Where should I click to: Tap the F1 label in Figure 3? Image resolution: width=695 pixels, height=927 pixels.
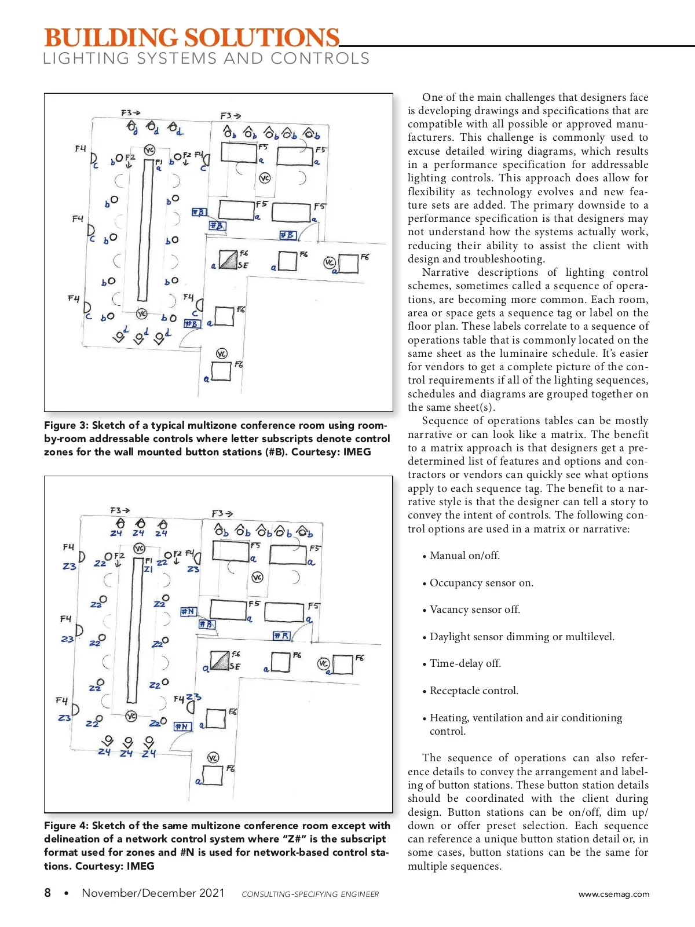pos(159,162)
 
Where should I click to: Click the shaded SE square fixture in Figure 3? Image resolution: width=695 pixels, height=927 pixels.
pos(228,259)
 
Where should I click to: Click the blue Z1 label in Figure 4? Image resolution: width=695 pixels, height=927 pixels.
pos(148,569)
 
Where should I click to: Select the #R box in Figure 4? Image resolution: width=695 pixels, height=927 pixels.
pos(281,636)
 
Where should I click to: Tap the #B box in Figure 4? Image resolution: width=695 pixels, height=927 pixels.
pos(207,624)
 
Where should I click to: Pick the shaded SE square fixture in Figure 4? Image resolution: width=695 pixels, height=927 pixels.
pos(220,660)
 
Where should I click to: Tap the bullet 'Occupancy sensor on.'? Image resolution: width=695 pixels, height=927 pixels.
pos(481,583)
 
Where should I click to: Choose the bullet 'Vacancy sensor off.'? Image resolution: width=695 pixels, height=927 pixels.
pos(475,610)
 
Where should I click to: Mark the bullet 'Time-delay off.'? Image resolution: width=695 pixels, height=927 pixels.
pos(465,663)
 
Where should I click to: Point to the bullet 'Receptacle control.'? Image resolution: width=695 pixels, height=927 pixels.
pos(474,691)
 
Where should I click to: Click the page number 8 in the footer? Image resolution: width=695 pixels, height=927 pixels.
pos(47,893)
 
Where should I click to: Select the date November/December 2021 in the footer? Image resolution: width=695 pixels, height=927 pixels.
pos(153,893)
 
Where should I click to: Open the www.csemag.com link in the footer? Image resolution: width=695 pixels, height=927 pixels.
pos(614,894)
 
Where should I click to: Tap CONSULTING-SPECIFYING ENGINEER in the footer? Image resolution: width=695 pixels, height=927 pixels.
pos(310,895)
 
